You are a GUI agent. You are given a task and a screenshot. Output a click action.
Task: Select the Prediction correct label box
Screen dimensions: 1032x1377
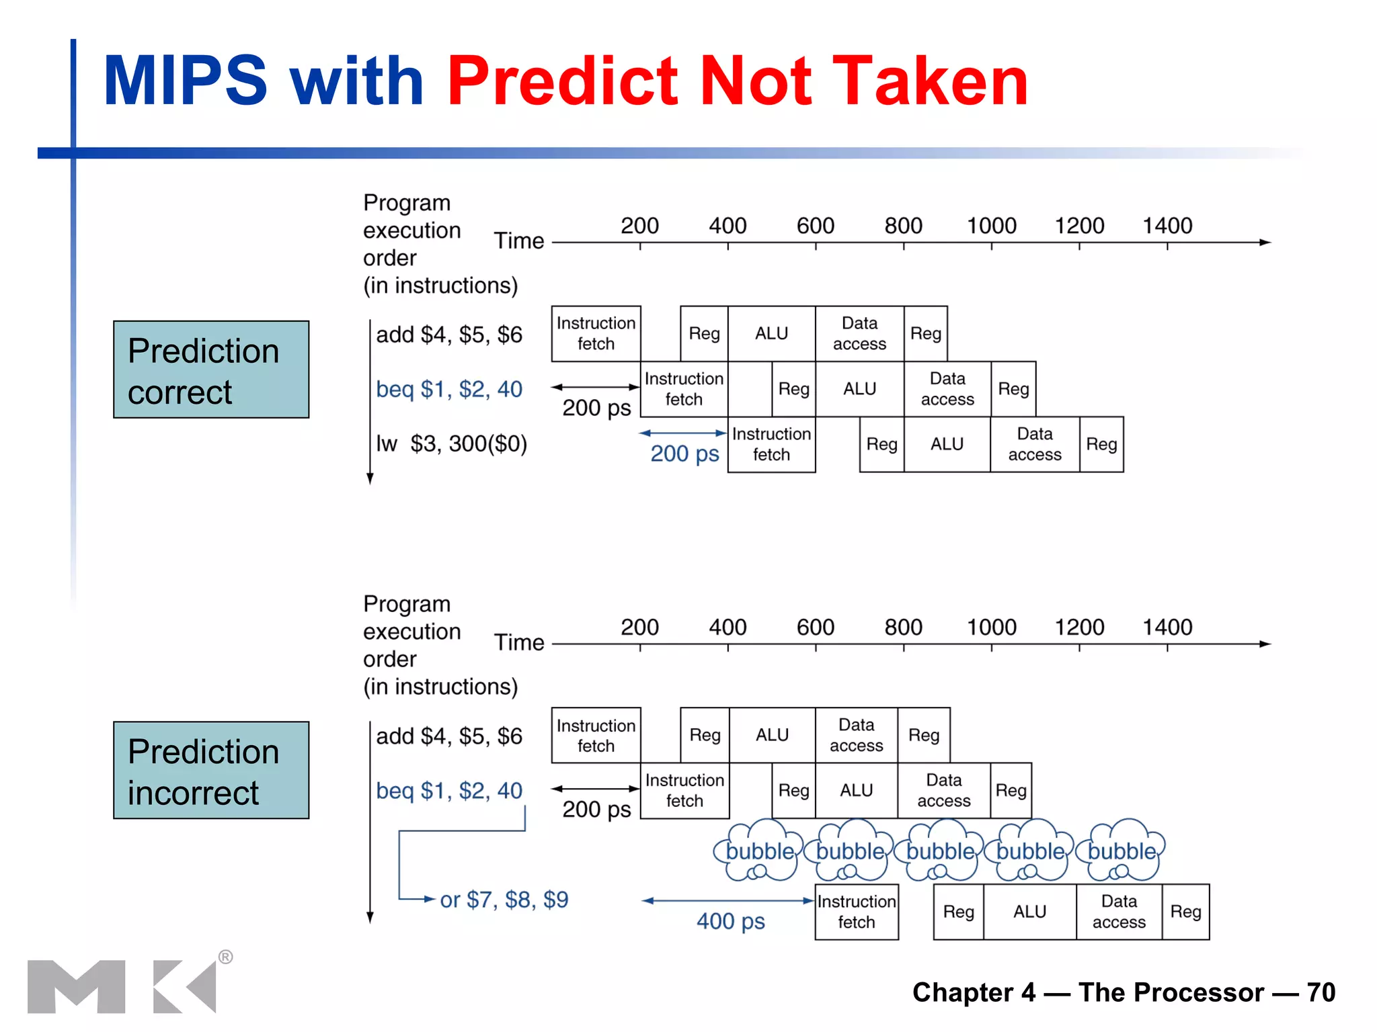click(211, 370)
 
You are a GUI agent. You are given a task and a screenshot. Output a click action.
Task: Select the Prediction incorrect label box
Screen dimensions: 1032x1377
click(211, 771)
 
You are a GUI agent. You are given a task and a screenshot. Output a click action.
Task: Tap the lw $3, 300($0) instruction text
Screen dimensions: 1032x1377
click(451, 443)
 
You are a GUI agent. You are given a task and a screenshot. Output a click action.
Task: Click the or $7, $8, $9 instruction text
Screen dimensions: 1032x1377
click(504, 899)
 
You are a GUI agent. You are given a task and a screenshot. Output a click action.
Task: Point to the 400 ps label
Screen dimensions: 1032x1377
click(730, 920)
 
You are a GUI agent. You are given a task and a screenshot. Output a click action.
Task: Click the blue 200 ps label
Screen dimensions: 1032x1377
click(684, 454)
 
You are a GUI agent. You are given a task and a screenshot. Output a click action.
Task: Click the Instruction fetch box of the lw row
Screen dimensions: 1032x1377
click(771, 444)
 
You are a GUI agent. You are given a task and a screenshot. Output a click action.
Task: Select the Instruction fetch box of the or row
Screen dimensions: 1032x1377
click(856, 912)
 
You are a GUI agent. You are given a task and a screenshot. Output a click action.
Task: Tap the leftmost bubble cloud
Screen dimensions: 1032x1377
click(759, 851)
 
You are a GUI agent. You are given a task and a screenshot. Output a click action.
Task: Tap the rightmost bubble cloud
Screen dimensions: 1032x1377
click(1122, 851)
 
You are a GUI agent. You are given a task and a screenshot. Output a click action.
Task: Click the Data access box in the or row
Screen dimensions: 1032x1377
click(1119, 912)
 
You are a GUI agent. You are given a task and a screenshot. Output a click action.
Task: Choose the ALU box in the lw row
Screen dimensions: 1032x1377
click(947, 444)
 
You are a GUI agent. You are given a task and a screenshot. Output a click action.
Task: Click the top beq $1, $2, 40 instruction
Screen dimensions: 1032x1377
click(448, 389)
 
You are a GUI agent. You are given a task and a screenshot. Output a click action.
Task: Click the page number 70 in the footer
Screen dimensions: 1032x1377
click(1321, 992)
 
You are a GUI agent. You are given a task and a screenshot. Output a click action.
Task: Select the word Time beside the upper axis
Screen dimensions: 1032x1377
click(518, 241)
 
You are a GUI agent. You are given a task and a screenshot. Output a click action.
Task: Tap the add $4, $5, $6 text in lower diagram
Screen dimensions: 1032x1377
click(448, 736)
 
